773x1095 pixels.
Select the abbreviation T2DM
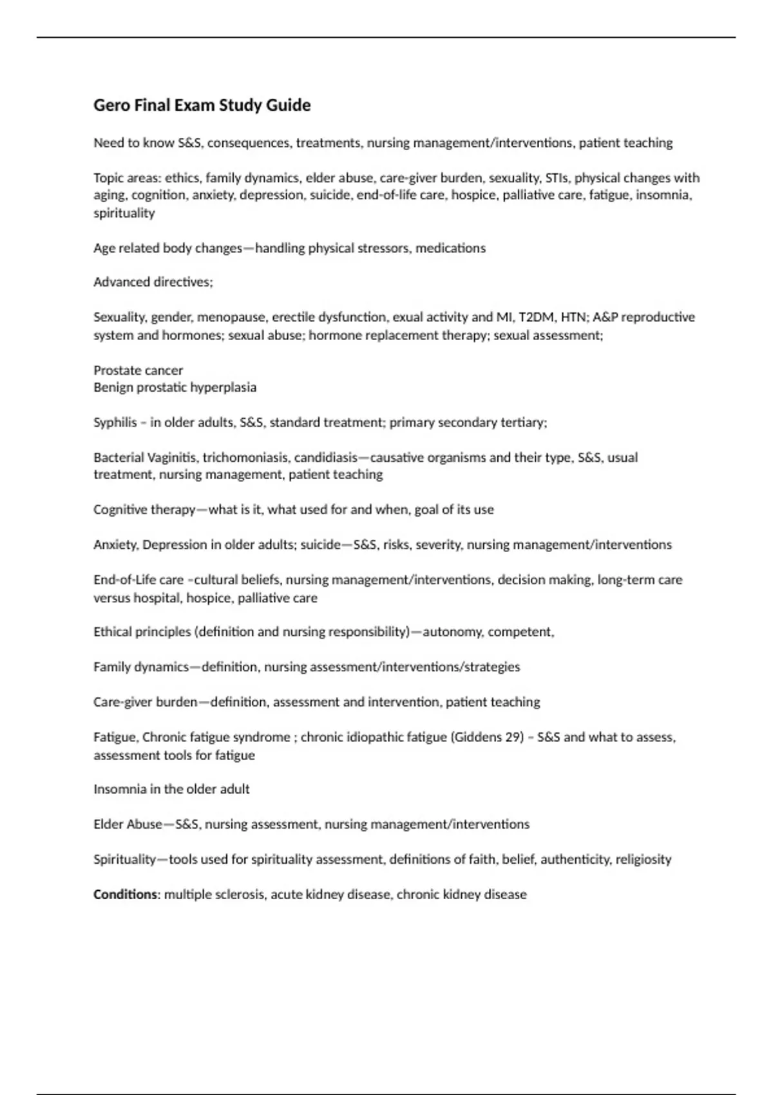536,317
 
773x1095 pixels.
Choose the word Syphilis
115,423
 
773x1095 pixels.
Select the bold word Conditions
125,895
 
